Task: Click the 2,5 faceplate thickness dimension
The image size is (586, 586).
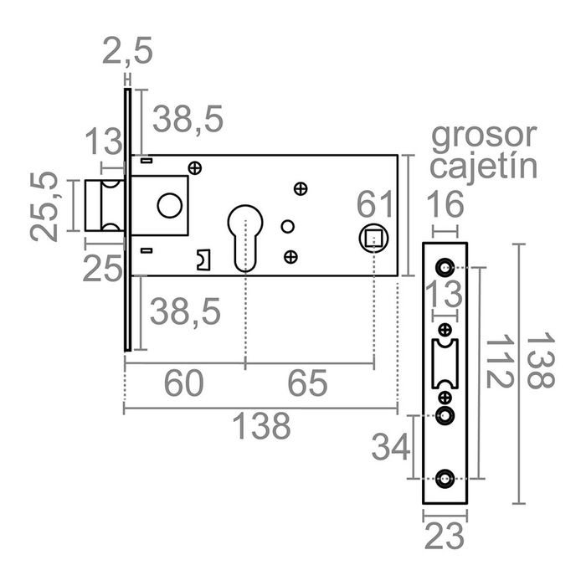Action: [127, 53]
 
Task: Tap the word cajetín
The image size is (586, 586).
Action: [482, 166]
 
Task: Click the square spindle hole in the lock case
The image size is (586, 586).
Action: [373, 238]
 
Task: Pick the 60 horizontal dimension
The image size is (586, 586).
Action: [184, 384]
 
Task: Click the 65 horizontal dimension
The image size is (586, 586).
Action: [307, 384]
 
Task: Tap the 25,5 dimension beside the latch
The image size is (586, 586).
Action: [46, 206]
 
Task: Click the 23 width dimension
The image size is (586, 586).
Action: [445, 535]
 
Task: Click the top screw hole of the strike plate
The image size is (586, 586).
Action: [445, 268]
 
